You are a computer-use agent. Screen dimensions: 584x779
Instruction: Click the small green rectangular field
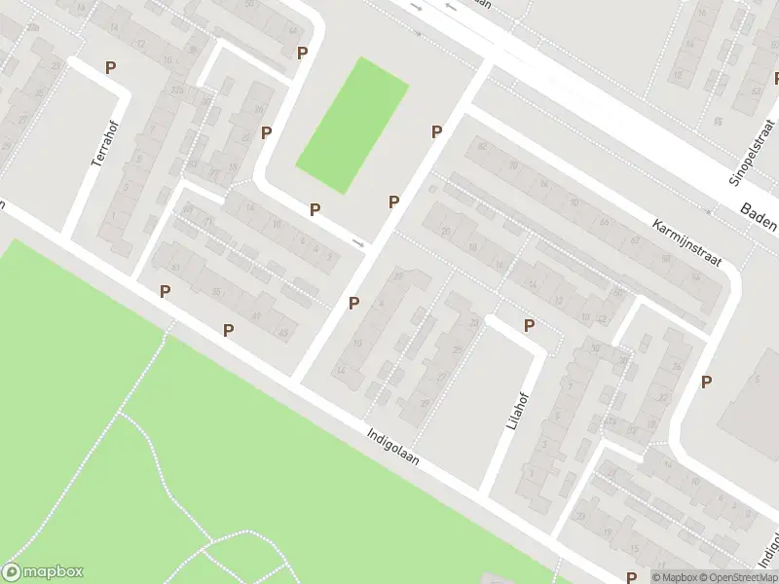[x=352, y=125]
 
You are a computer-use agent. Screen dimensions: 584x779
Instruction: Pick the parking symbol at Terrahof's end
[x=110, y=67]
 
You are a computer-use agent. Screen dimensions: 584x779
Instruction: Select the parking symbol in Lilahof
[x=529, y=325]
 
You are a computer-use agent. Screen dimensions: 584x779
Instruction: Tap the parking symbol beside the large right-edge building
[x=706, y=383]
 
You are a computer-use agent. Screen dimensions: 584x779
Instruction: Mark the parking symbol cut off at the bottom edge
[x=632, y=577]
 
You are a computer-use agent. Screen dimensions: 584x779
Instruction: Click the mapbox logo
[x=43, y=572]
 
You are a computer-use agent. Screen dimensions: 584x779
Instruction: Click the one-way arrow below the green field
[x=358, y=242]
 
